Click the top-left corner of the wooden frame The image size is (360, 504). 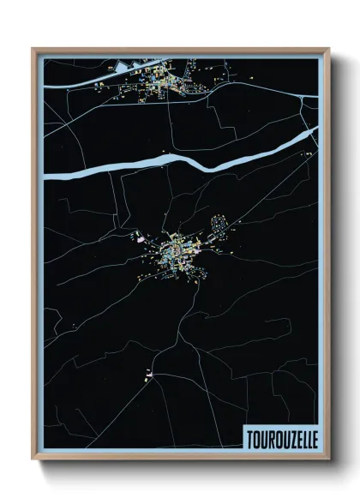coord(33,49)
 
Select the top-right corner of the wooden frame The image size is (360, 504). coord(328,49)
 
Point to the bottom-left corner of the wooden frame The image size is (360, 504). coord(33,459)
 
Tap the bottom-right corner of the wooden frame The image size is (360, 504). coord(328,459)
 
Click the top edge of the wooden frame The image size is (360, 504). coord(180,50)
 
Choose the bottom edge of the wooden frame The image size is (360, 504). coord(180,459)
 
